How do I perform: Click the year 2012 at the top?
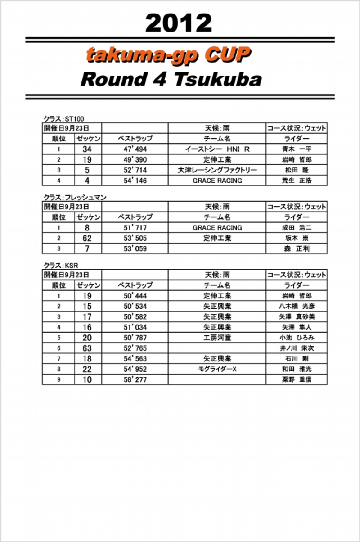click(x=179, y=23)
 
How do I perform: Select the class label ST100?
click(x=75, y=118)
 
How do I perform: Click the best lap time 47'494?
click(x=135, y=149)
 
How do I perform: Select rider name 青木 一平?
click(x=297, y=149)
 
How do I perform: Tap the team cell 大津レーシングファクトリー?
click(x=217, y=170)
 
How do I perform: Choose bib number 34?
click(x=87, y=149)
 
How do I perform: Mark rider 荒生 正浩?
click(x=297, y=181)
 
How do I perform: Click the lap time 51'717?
click(x=135, y=228)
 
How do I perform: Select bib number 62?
click(x=87, y=238)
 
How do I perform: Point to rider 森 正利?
click(x=297, y=248)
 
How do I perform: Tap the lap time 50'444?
click(x=135, y=296)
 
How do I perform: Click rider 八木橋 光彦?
click(x=297, y=306)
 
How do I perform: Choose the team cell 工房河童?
click(x=217, y=338)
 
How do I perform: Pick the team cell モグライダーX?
click(x=217, y=369)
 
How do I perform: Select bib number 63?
click(x=87, y=348)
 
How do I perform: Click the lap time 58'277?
click(x=135, y=379)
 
